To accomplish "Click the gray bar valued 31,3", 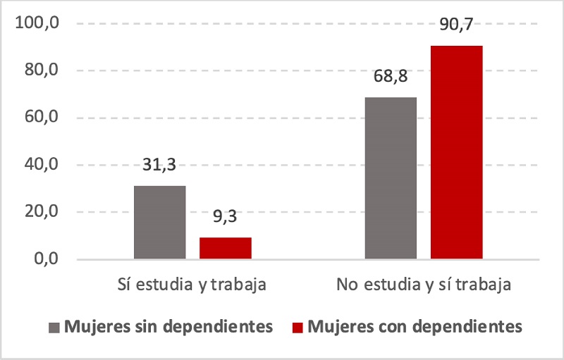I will [x=159, y=222].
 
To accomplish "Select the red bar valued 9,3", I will [x=225, y=248].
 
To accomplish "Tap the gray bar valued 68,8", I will [x=391, y=178].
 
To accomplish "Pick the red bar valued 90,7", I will [x=456, y=152].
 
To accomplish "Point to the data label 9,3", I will [x=225, y=217].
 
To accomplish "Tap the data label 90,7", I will [x=456, y=25].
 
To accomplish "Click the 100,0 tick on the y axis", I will [x=36, y=23].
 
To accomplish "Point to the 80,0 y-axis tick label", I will [x=39, y=70].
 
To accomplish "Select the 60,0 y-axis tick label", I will [x=39, y=118].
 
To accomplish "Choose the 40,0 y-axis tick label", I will [x=39, y=165].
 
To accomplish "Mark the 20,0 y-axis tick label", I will [x=39, y=212].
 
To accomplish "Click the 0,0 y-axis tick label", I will [x=42, y=259].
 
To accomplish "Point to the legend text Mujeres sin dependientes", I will [x=168, y=327].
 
